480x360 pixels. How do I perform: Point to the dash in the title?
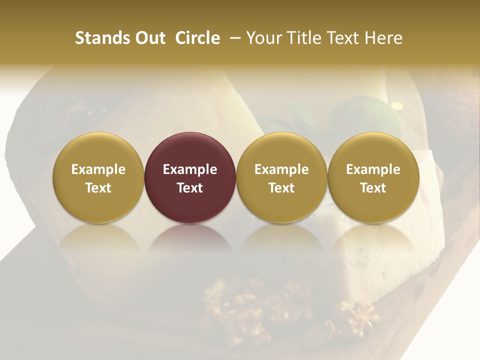(233, 38)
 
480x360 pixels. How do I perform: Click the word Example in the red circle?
(190, 169)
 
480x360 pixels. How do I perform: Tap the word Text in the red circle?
(190, 188)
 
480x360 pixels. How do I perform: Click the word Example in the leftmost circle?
(98, 169)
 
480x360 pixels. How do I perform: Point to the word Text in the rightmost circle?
(373, 188)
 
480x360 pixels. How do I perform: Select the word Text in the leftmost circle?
(98, 188)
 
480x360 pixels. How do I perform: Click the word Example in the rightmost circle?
(373, 169)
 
